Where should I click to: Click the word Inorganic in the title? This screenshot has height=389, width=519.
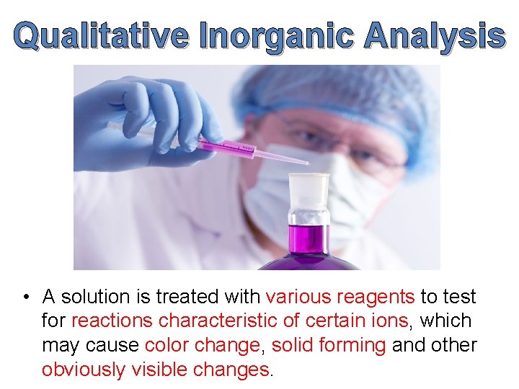tap(278, 36)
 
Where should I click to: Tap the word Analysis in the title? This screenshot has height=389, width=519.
tap(434, 36)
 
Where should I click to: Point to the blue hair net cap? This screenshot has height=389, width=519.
tap(339, 90)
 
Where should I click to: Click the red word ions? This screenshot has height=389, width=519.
tap(391, 321)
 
